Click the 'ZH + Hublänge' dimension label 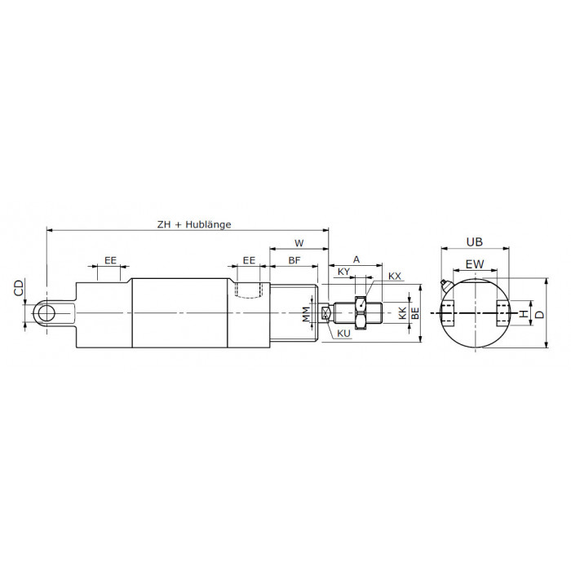pyautogui.click(x=194, y=224)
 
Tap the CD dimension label pyautogui.click(x=19, y=287)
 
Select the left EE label pyautogui.click(x=110, y=260)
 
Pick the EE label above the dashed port pyautogui.click(x=249, y=260)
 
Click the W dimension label pyautogui.click(x=299, y=243)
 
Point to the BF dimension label pyautogui.click(x=294, y=260)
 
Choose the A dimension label pyautogui.click(x=356, y=259)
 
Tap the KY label pyautogui.click(x=343, y=272)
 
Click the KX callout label pyautogui.click(x=394, y=277)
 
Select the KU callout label pyautogui.click(x=343, y=333)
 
